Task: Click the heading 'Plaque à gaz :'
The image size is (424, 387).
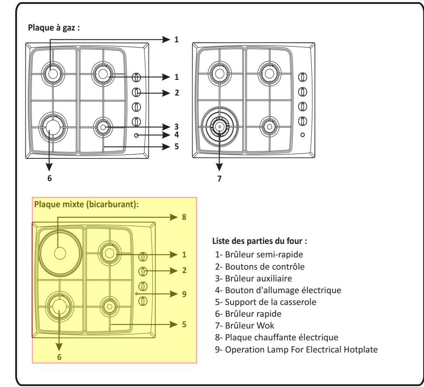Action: (54, 28)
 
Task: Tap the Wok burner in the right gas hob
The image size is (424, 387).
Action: (220, 127)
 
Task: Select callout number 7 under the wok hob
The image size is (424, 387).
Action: (219, 178)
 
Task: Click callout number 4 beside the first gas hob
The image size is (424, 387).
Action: (176, 134)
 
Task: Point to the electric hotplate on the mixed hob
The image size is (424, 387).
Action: (60, 253)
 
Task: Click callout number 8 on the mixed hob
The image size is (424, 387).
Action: (184, 217)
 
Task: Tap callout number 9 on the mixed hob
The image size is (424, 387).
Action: (184, 294)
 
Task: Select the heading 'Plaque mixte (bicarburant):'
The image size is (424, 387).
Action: (86, 204)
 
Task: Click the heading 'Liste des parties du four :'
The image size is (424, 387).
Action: (259, 241)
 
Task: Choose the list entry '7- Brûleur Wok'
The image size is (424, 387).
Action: (245, 325)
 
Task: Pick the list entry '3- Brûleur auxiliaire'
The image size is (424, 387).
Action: (253, 278)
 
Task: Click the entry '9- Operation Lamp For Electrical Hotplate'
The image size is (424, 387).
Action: (296, 349)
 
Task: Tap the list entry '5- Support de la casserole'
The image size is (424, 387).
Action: (265, 302)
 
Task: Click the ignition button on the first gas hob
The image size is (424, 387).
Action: (136, 135)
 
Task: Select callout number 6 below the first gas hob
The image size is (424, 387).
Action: (49, 178)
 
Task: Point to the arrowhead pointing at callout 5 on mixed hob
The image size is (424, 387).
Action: (174, 324)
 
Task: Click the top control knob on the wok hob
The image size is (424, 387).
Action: (303, 77)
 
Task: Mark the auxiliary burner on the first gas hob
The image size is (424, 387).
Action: (103, 127)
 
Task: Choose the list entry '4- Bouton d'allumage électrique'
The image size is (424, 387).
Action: (278, 290)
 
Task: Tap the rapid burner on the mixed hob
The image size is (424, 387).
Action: (59, 306)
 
